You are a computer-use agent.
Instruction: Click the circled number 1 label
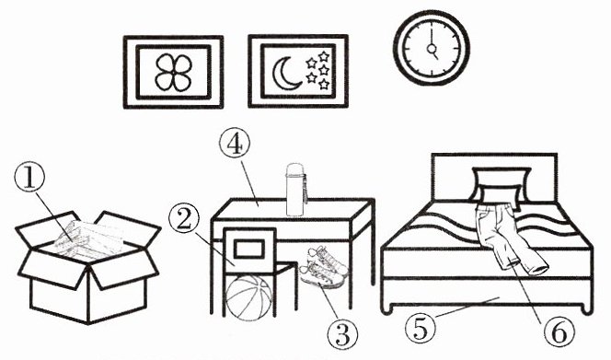pyautogui.click(x=29, y=178)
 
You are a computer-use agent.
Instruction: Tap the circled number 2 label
pyautogui.click(x=184, y=219)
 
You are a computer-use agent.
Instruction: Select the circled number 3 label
pyautogui.click(x=342, y=334)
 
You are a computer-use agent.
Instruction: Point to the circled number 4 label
pyautogui.click(x=235, y=143)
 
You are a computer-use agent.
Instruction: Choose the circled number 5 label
pyautogui.click(x=421, y=329)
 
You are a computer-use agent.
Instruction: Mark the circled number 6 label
pyautogui.click(x=559, y=332)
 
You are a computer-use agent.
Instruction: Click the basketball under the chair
pyautogui.click(x=249, y=296)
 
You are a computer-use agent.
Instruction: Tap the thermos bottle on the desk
pyautogui.click(x=296, y=190)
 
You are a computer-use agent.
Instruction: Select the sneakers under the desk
pyautogui.click(x=323, y=267)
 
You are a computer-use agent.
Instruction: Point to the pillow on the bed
pyautogui.click(x=501, y=186)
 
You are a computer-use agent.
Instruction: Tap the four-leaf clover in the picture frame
pyautogui.click(x=173, y=73)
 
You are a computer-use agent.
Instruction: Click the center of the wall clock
pyautogui.click(x=432, y=49)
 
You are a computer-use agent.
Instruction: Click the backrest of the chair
pyautogui.click(x=249, y=248)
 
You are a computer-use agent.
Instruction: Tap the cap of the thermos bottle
pyautogui.click(x=295, y=168)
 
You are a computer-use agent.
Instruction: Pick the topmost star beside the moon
pyautogui.click(x=323, y=56)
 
